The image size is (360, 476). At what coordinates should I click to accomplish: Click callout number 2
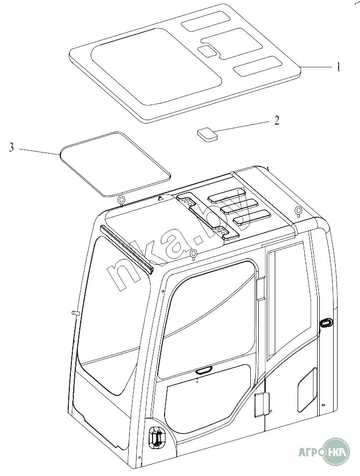[277, 121]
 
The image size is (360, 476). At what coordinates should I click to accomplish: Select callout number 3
[11, 147]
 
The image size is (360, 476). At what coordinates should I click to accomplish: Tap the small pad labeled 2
[206, 134]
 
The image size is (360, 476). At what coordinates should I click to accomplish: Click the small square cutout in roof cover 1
[206, 50]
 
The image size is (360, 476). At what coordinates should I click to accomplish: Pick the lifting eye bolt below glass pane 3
[122, 201]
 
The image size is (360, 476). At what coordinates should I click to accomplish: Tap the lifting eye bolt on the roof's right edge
[298, 211]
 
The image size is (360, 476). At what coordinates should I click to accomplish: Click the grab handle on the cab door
[204, 370]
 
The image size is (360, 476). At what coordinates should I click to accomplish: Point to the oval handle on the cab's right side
[326, 323]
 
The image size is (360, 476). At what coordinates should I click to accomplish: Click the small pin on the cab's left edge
[76, 313]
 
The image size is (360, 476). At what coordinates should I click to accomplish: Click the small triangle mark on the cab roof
[161, 198]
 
